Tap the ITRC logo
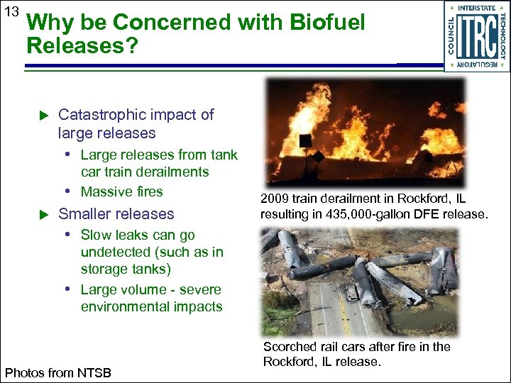pyautogui.click(x=477, y=36)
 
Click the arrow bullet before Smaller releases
pyautogui.click(x=43, y=214)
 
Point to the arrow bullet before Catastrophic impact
pyautogui.click(x=43, y=115)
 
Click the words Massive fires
pyautogui.click(x=121, y=191)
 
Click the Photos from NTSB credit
pyautogui.click(x=58, y=372)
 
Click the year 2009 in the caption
pyautogui.click(x=274, y=198)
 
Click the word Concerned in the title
pyautogui.click(x=155, y=23)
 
